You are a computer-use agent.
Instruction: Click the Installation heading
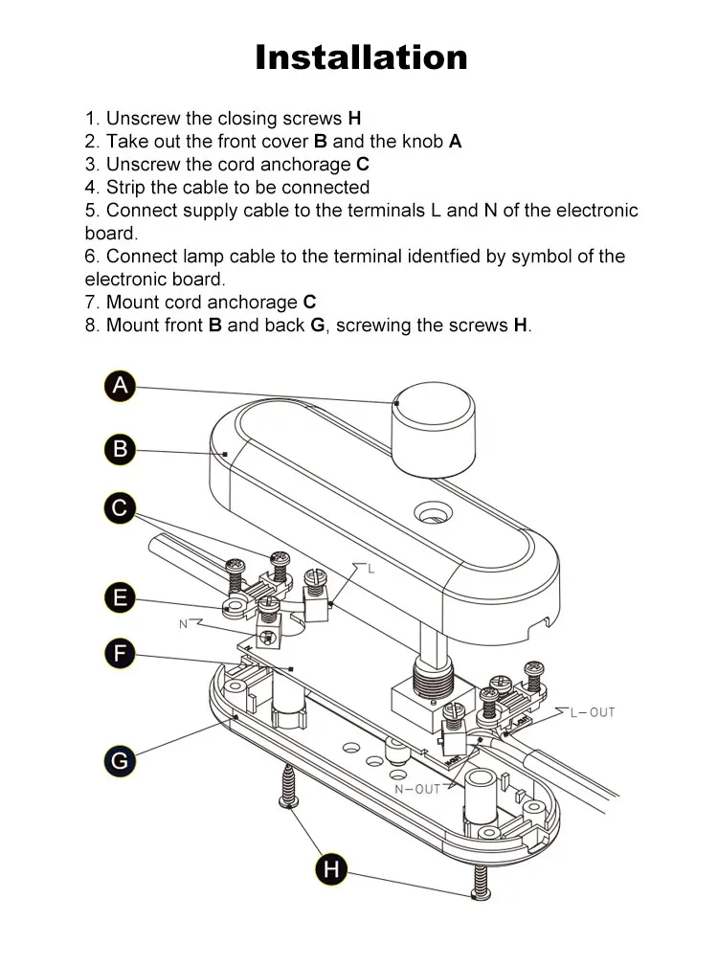point(361,57)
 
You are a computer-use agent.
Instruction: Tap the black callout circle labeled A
point(120,386)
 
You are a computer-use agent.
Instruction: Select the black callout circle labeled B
point(120,448)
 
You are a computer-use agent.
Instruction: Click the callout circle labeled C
point(120,507)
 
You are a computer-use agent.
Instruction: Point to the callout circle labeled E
point(120,598)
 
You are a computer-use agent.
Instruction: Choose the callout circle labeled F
point(120,655)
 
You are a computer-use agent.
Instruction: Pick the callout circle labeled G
point(120,761)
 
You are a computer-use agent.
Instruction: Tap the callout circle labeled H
point(331,869)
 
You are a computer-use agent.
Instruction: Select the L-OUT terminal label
point(593,712)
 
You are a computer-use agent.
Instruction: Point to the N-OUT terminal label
point(417,789)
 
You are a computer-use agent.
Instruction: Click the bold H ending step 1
point(354,119)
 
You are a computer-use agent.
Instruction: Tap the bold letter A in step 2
point(455,142)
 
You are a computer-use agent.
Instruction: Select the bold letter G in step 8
point(318,326)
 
